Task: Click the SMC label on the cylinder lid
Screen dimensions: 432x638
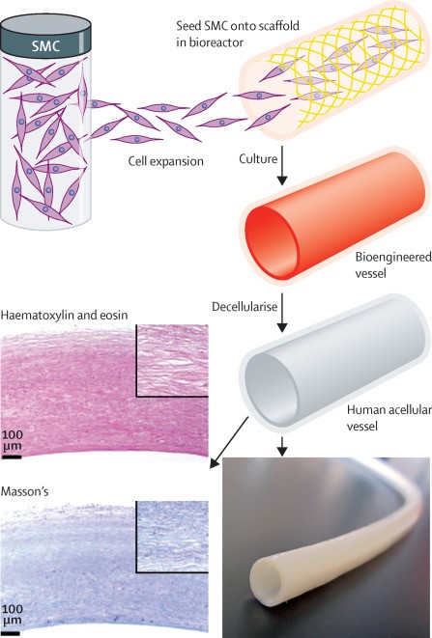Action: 45,46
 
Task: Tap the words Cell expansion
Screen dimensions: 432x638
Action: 166,161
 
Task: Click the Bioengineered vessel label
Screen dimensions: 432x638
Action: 393,264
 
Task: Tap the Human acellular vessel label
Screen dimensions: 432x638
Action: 389,418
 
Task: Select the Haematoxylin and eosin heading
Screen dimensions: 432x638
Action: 65,315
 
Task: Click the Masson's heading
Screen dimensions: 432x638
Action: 25,491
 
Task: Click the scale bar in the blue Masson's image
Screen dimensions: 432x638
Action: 11,633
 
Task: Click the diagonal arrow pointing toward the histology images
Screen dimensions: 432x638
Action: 229,442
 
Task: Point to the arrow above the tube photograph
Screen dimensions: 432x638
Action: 282,446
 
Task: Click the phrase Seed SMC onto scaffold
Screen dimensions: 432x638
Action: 238,26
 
